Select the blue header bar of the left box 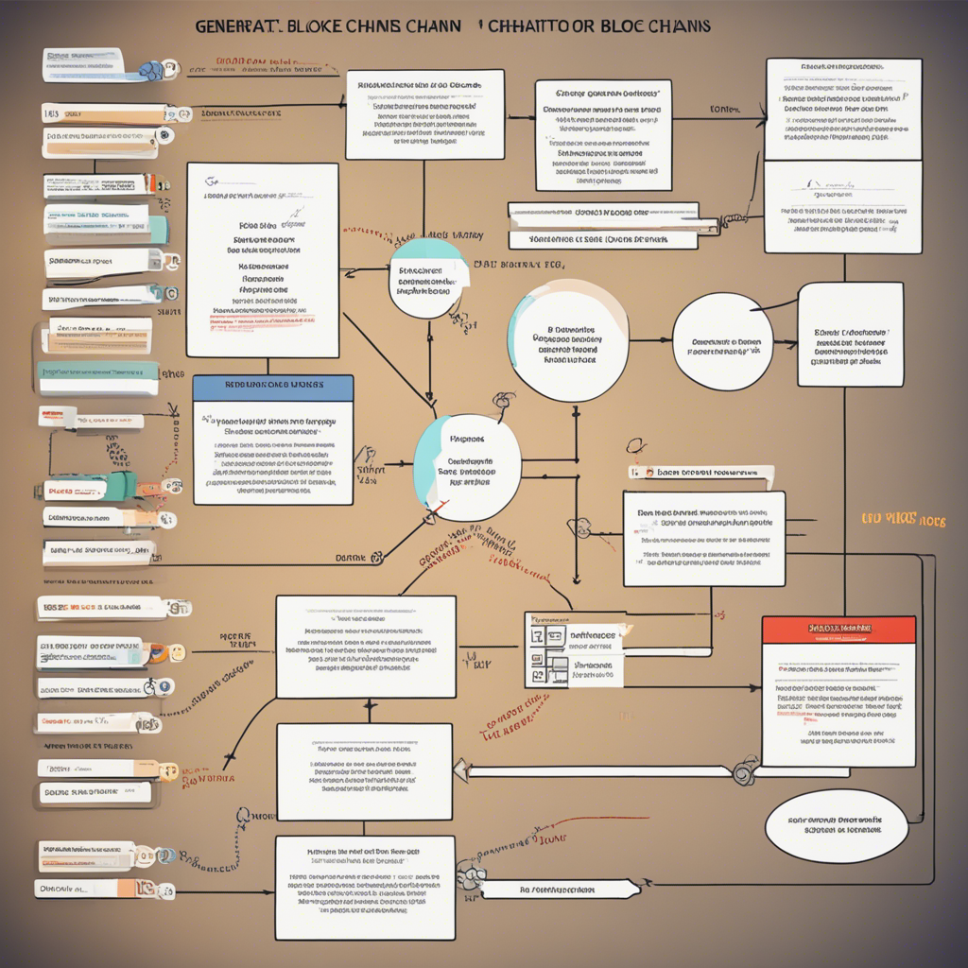click(x=272, y=385)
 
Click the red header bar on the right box click(x=838, y=629)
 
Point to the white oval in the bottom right click(x=836, y=825)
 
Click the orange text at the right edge click(x=902, y=520)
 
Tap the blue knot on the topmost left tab click(x=150, y=68)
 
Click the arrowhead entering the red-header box click(x=755, y=687)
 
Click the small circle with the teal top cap click(x=427, y=278)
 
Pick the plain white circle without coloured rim click(x=722, y=341)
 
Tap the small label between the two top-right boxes click(x=723, y=110)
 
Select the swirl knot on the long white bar click(x=742, y=771)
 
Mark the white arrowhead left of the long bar click(x=460, y=770)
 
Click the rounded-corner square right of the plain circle click(x=850, y=335)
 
